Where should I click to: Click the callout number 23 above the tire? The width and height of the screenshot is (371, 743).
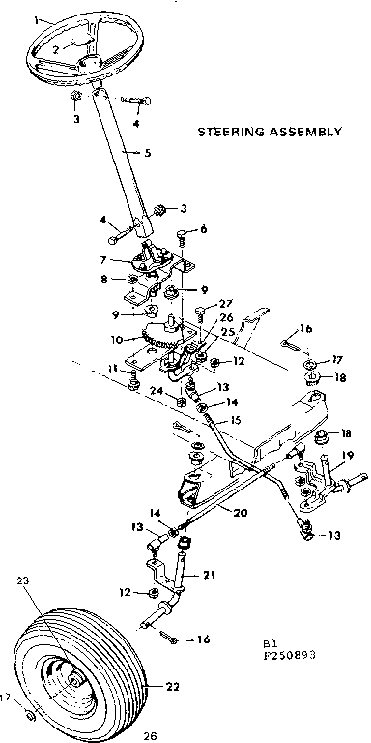[22, 581]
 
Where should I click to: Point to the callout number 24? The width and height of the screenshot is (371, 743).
[153, 391]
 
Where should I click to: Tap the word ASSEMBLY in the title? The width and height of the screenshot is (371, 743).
[307, 131]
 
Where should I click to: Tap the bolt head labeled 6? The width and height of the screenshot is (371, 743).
[182, 232]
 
